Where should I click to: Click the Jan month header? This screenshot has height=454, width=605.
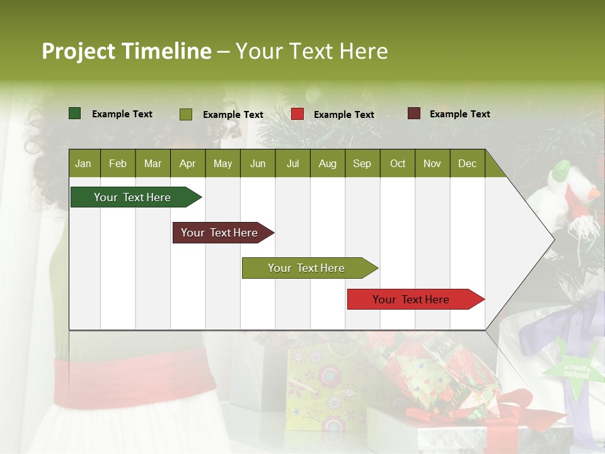pos(83,163)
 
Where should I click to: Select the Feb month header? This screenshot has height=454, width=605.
pos(118,163)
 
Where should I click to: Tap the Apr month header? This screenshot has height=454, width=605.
pos(187,163)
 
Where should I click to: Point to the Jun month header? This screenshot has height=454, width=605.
pos(258,163)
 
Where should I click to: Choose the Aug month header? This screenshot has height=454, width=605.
pos(327,163)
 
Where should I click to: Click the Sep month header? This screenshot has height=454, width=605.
pos(362,163)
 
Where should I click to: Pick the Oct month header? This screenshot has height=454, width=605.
pos(398,163)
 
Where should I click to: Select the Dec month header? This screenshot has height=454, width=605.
pos(467,163)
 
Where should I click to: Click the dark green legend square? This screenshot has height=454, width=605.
pos(75,113)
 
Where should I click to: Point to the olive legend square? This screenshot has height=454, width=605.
pos(186,114)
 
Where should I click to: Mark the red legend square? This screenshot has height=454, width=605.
pos(297,114)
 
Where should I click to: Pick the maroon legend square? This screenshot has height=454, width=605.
pos(414,113)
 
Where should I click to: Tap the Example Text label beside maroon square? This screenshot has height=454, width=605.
pos(459,114)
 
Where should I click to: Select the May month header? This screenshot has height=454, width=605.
pos(222,163)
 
